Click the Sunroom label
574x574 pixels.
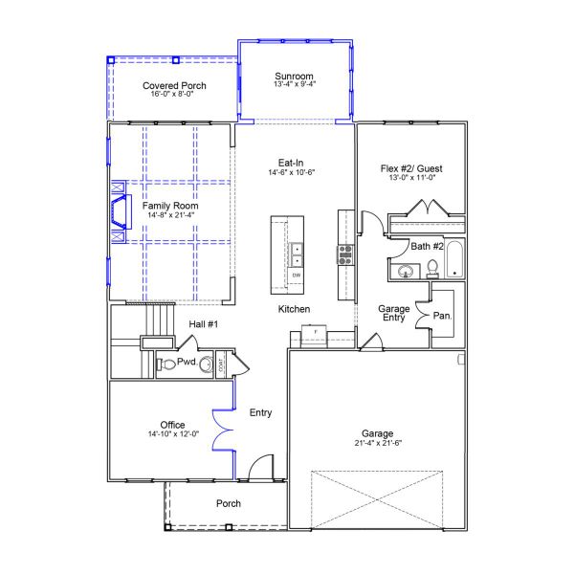click(294, 77)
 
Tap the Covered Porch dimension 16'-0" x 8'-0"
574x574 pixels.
click(172, 94)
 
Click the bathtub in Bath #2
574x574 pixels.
click(454, 259)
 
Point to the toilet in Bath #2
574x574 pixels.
click(432, 269)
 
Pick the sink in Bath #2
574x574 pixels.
click(406, 272)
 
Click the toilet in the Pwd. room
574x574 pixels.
click(166, 364)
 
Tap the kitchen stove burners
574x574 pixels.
click(345, 254)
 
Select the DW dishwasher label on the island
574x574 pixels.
click(297, 276)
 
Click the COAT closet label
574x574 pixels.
click(221, 364)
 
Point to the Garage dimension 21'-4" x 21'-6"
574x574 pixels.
click(378, 443)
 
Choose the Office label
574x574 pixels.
click(172, 425)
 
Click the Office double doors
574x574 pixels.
click(223, 430)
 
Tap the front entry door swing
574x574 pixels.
click(260, 467)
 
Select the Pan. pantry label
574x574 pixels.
click(442, 316)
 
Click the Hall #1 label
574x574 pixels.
click(204, 324)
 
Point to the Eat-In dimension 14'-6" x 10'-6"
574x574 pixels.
click(292, 172)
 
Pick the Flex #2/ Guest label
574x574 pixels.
click(411, 168)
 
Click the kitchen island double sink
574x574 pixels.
click(297, 254)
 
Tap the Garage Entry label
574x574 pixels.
click(394, 313)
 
